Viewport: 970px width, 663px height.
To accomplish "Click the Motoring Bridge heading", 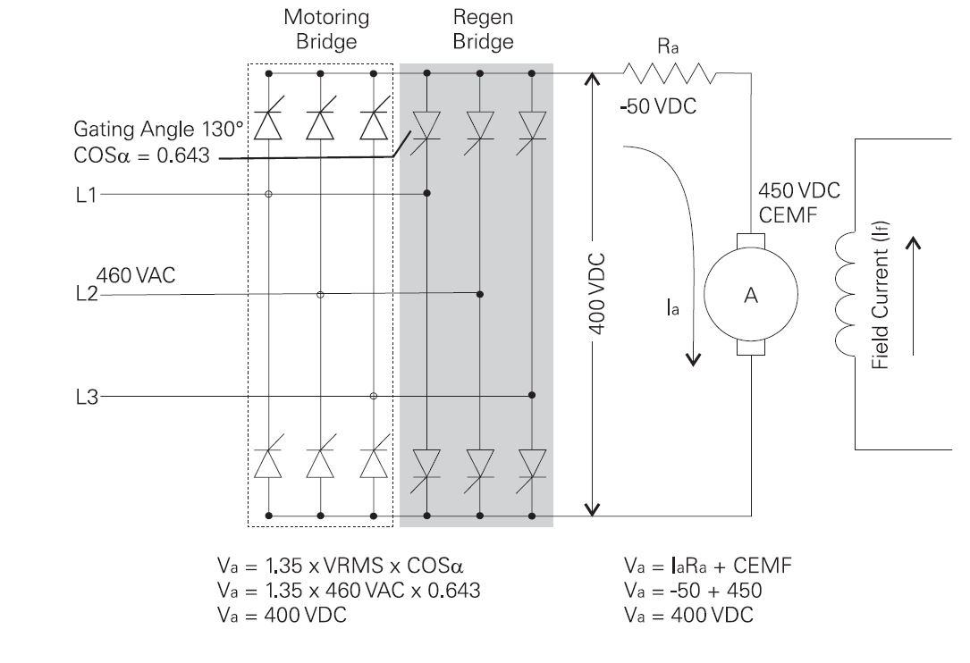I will [x=325, y=29].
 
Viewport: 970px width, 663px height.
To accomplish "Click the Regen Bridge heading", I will [x=483, y=29].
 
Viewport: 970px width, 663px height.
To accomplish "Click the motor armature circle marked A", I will [x=751, y=297].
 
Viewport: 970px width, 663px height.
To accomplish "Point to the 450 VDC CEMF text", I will [x=798, y=202].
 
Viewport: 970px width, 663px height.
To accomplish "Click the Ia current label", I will [x=672, y=309].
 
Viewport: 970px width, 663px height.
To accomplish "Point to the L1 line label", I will [x=86, y=193].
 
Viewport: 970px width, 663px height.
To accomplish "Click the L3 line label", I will [x=86, y=396].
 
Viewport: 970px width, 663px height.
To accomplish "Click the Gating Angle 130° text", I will [x=158, y=130].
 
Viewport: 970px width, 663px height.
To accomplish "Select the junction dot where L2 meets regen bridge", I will [x=480, y=293].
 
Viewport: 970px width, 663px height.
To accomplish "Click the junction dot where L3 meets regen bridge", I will [x=533, y=395].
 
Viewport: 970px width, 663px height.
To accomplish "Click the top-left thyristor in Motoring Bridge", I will [x=268, y=125].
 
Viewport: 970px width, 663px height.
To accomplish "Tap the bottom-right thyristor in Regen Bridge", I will [x=533, y=466].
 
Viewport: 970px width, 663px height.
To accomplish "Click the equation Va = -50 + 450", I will [x=693, y=591].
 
